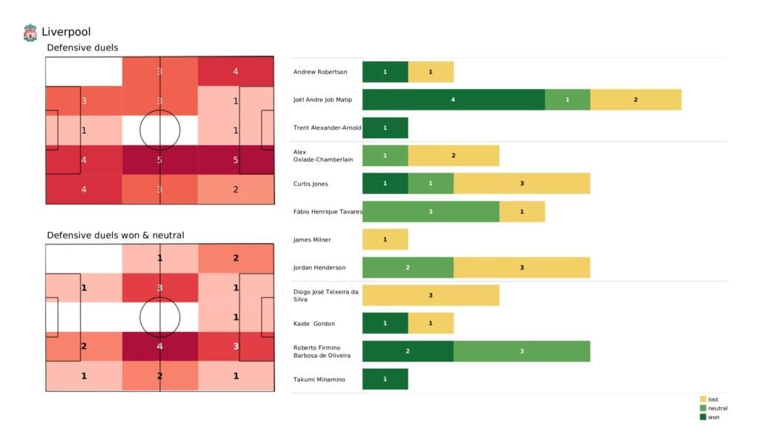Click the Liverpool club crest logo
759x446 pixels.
[30, 32]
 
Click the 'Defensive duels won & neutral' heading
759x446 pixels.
[116, 235]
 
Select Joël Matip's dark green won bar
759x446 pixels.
[453, 99]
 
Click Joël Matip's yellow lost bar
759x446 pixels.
[635, 99]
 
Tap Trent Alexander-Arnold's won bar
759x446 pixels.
[385, 127]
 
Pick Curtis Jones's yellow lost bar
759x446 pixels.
[521, 184]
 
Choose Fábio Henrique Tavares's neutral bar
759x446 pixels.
[430, 212]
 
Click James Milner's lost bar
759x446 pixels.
[385, 239]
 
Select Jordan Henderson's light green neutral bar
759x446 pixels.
[408, 267]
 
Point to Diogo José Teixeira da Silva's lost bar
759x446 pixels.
[430, 296]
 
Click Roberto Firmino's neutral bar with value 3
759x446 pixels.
[521, 351]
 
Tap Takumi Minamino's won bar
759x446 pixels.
[385, 379]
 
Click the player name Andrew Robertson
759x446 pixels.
[320, 72]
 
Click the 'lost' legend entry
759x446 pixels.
[712, 399]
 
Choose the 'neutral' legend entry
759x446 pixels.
[716, 408]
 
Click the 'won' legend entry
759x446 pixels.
[713, 417]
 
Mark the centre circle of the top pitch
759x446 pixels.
[159, 130]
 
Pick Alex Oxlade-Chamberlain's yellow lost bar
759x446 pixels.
[453, 156]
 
